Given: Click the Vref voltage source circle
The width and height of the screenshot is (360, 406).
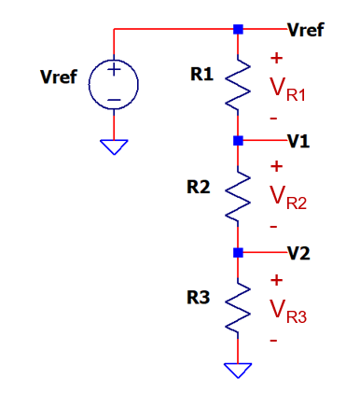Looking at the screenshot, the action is tap(89, 84).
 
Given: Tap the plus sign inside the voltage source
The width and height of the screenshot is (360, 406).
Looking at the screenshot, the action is tap(114, 69).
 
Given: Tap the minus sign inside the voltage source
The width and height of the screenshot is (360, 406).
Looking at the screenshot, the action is tap(114, 100).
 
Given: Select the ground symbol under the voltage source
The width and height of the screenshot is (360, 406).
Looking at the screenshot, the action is tap(114, 147).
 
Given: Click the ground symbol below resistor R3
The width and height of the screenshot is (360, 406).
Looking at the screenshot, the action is tap(238, 371).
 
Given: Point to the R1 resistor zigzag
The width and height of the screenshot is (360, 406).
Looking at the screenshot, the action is tap(238, 83).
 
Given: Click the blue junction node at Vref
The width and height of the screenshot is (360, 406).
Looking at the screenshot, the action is tap(238, 29).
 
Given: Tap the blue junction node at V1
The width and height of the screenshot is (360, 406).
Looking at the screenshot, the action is tap(238, 141).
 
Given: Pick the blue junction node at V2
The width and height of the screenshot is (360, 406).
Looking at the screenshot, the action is tap(238, 253).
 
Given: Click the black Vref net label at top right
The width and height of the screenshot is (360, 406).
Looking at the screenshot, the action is tap(306, 30).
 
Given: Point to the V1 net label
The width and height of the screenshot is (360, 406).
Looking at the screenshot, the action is tap(298, 141).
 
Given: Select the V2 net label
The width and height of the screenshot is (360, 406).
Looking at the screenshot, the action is tap(298, 253).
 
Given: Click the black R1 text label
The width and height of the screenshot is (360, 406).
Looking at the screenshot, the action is tap(202, 75).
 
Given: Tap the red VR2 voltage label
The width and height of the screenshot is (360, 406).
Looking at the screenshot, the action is tap(288, 198).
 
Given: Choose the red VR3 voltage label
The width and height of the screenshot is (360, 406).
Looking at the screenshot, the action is tap(288, 312).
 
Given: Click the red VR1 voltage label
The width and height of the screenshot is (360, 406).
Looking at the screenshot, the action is tap(288, 90).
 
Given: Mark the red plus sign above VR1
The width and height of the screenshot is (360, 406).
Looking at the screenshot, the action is tap(276, 58).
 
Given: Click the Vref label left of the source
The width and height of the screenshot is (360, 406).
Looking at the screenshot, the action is tap(59, 77).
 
